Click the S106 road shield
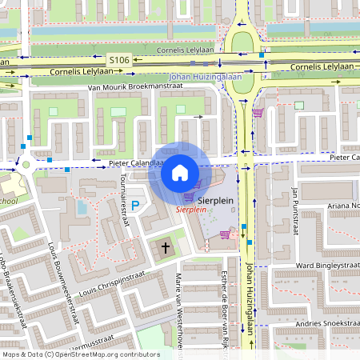pyautogui.click(x=119, y=60)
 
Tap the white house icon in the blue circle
pyautogui.click(x=180, y=172)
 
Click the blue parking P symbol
pyautogui.click(x=135, y=206)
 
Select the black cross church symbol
pyautogui.click(x=166, y=249)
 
